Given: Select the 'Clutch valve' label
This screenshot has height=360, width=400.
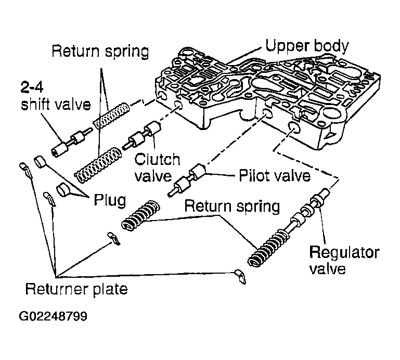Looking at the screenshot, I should click(157, 168).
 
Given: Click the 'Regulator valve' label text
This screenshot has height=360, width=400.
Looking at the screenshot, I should click(344, 261).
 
